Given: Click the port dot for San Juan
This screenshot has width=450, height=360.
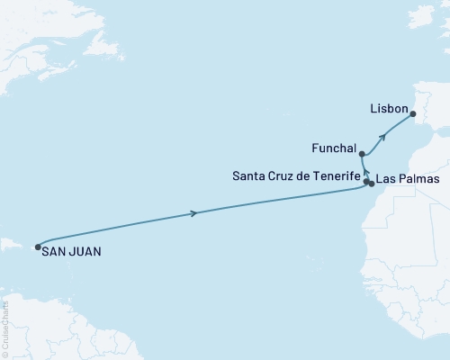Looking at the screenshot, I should coord(38,247).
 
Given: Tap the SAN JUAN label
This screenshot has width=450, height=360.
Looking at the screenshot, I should coord(73,253).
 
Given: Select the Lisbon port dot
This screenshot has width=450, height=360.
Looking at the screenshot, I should coord(413,114).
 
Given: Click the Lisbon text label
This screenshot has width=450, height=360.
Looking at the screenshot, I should coord(389,107).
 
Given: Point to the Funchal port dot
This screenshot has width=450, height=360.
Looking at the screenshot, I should coord(361,154).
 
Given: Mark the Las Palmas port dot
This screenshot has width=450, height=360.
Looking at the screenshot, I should coord(371,184).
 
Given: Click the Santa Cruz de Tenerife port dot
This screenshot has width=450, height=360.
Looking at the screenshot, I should coord(366,181).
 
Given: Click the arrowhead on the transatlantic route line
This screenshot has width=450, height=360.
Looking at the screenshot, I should coord(194,213).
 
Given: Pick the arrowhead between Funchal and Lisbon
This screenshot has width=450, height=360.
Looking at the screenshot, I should coord(384,137).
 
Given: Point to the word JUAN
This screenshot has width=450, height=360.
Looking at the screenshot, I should coord(85,253).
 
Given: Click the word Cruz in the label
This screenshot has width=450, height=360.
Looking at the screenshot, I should coord(283,175).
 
